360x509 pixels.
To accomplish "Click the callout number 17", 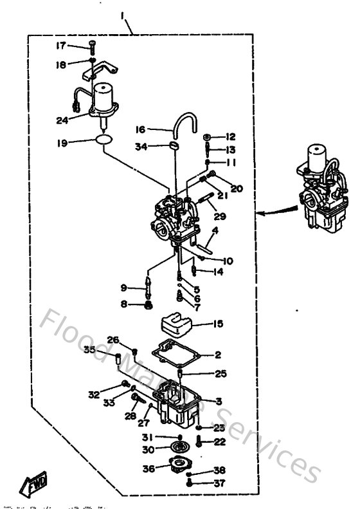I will [x=60, y=45].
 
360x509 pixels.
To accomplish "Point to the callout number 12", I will [x=231, y=136].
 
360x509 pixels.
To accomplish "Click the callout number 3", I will [x=219, y=401].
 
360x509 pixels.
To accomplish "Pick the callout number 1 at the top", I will [x=122, y=14].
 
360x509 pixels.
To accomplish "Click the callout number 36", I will [x=148, y=469].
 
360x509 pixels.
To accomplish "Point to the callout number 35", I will [x=89, y=349].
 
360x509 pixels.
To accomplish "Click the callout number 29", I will [x=220, y=217].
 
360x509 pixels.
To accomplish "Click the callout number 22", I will [x=219, y=441].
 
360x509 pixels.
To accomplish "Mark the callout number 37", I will [x=219, y=483].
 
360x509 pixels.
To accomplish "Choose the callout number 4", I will [x=215, y=230].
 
